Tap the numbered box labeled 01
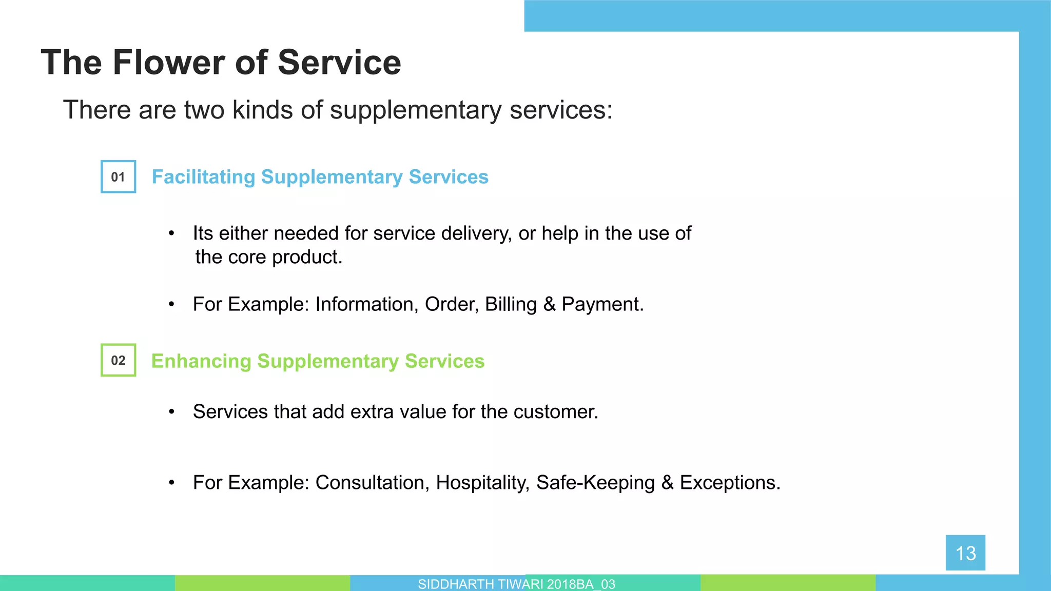pyautogui.click(x=119, y=176)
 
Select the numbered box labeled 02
pyautogui.click(x=119, y=360)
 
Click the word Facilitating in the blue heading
pyautogui.click(x=203, y=177)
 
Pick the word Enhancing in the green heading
pyautogui.click(x=201, y=361)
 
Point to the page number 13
pyautogui.click(x=965, y=553)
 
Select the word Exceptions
pyautogui.click(x=730, y=483)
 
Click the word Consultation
pyautogui.click(x=372, y=483)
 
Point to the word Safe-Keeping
pyautogui.click(x=595, y=483)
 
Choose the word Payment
pyautogui.click(x=602, y=305)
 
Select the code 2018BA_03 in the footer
pyautogui.click(x=581, y=584)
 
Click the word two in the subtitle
pyautogui.click(x=204, y=110)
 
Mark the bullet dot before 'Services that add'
pyautogui.click(x=172, y=412)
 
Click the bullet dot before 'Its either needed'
pyautogui.click(x=172, y=234)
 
